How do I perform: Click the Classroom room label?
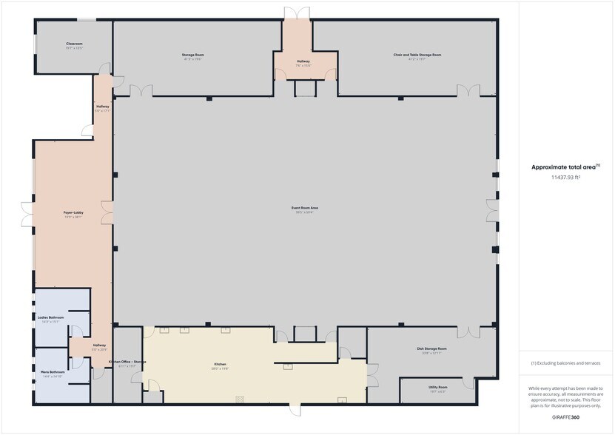coord(74,44)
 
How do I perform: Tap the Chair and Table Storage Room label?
coord(417,55)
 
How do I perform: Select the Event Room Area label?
coord(303,208)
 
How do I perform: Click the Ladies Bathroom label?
coord(50,317)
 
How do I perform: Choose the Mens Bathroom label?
coord(50,372)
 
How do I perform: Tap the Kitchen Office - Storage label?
coord(127,362)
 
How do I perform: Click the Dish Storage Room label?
coord(431,348)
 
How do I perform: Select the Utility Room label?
coord(438,387)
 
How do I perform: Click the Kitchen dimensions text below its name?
coord(221,368)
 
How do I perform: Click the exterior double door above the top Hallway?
coord(295,13)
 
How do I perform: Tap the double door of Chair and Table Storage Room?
coord(468,91)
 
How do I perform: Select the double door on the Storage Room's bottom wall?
coord(141,91)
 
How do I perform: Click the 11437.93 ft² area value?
coord(565,178)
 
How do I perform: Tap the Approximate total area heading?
coord(565,167)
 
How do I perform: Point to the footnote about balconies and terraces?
coord(565,363)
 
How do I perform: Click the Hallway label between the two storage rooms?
coord(303,61)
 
